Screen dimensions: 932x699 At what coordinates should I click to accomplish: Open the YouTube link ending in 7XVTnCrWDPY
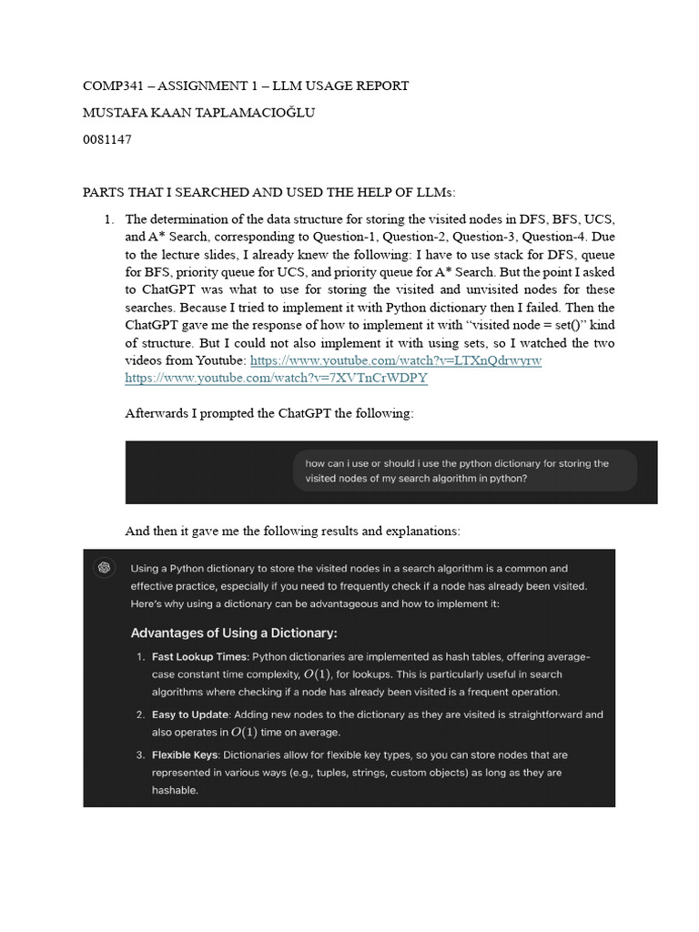276,378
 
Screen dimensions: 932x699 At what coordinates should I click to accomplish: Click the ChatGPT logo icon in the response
105,568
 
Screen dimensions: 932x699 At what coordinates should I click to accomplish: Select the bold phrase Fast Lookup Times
200,656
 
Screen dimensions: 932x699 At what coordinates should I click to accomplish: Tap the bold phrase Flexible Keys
185,755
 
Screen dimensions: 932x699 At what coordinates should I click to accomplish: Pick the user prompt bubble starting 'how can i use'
464,471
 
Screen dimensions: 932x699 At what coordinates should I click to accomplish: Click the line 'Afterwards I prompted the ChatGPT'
268,413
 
